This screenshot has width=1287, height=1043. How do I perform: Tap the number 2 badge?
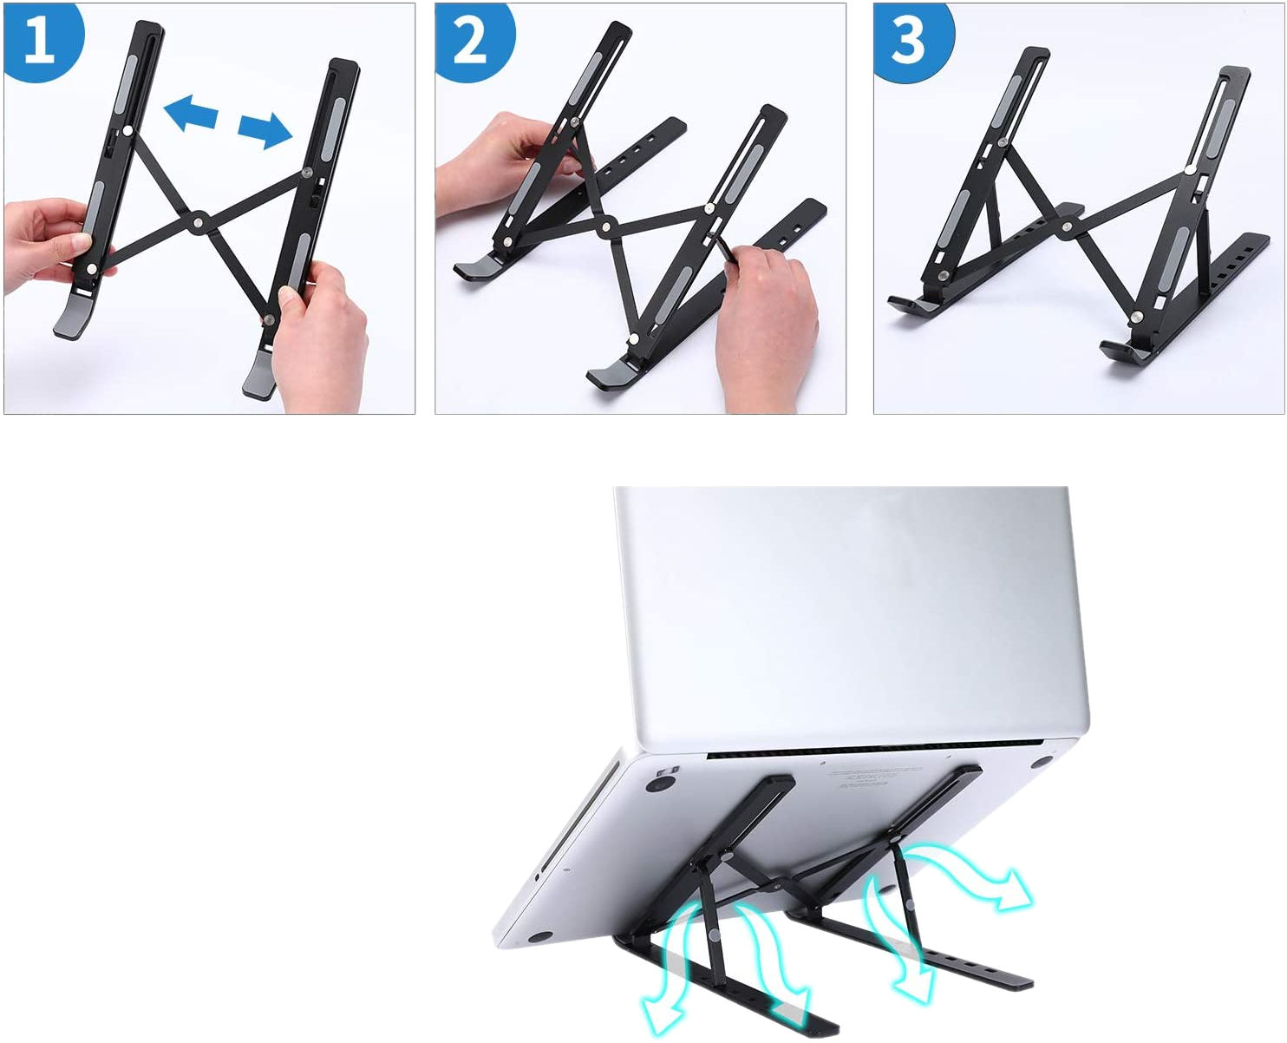pos(474,41)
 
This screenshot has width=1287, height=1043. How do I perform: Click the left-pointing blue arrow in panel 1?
pos(192,113)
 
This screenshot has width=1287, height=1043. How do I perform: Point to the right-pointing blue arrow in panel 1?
pos(265,130)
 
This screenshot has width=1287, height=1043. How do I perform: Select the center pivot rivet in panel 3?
pos(1067,227)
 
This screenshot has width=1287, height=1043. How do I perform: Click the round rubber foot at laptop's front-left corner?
pos(539,936)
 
